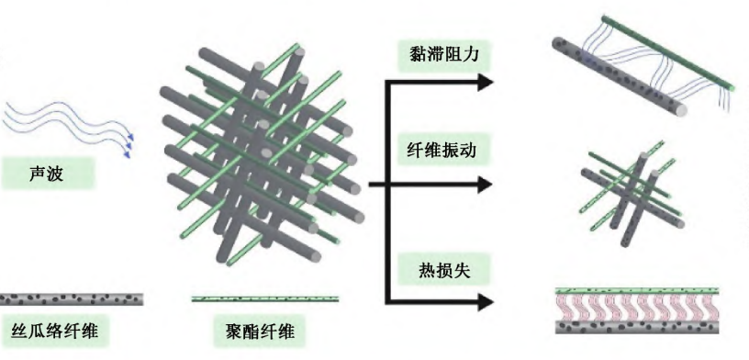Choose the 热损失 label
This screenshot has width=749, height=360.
point(442,270)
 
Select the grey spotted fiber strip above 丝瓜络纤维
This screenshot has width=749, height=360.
point(72,298)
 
